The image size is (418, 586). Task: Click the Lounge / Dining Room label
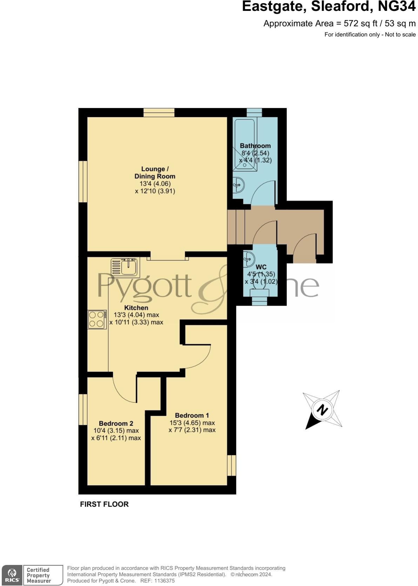155,172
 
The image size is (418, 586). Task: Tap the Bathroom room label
255,146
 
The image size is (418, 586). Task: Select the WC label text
261,267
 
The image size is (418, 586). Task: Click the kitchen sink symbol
125,267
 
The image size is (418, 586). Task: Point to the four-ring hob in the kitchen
97,319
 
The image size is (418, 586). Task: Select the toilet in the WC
259,289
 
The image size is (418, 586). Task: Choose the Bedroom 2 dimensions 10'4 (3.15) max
116,431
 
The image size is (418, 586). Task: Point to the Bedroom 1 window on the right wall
231,465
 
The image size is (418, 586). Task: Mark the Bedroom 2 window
83,409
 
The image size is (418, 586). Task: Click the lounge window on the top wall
159,113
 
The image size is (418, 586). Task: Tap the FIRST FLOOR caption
104,504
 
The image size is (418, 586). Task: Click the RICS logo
12,575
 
